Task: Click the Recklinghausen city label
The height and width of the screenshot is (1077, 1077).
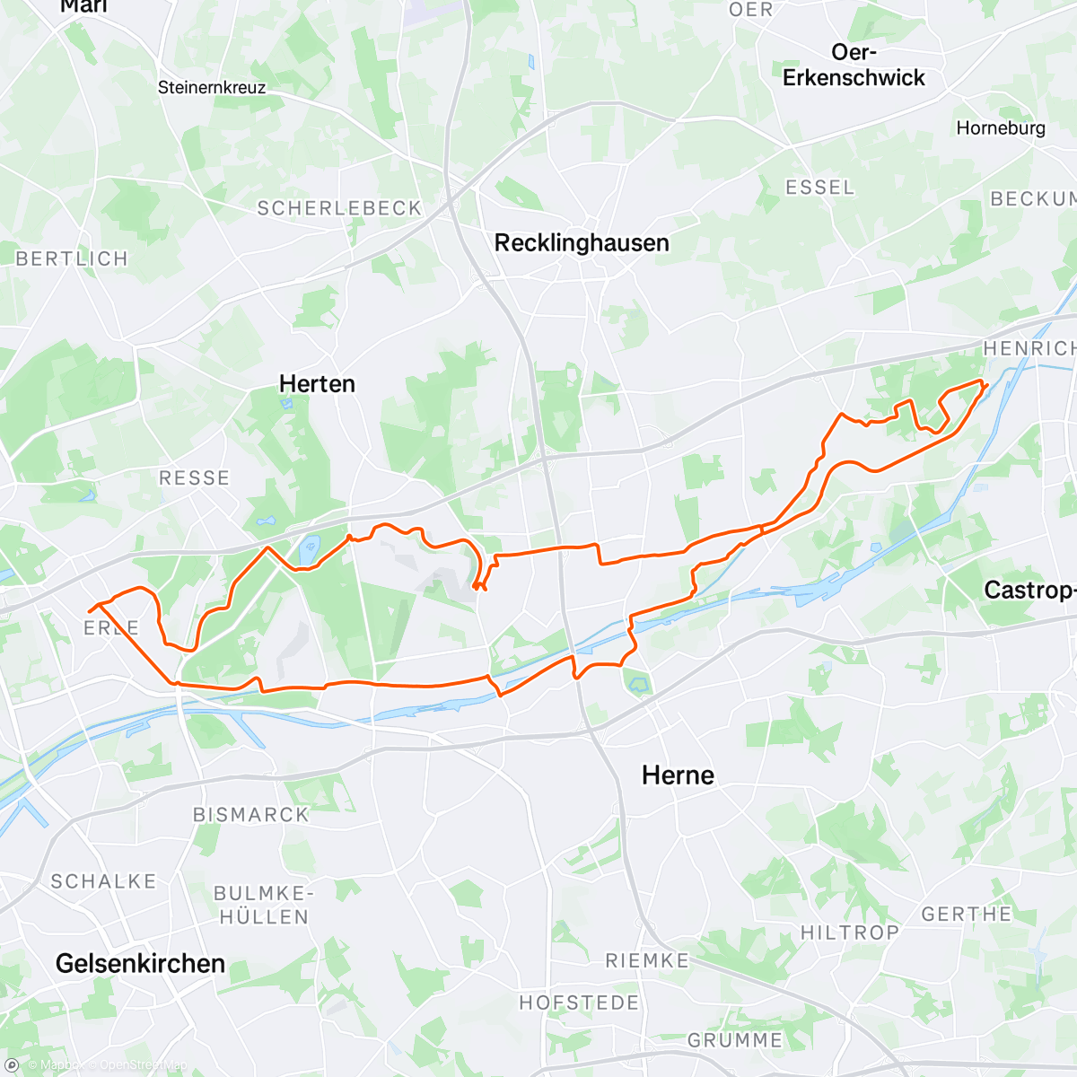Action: [x=582, y=243]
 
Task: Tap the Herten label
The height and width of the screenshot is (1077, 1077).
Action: [x=317, y=384]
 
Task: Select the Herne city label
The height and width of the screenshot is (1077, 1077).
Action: [x=678, y=775]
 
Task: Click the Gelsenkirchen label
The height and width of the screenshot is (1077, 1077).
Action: [x=140, y=964]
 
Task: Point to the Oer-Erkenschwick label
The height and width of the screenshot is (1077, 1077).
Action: [x=853, y=66]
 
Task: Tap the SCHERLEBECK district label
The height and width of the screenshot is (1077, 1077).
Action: [x=339, y=208]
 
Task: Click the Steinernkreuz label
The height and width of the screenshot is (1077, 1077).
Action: [x=212, y=88]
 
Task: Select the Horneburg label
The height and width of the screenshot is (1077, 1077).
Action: [x=1001, y=128]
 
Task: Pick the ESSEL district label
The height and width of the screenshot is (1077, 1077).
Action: [x=819, y=188]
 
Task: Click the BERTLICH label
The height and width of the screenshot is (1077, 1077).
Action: [x=72, y=259]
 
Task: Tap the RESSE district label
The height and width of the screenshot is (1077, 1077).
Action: [x=194, y=478]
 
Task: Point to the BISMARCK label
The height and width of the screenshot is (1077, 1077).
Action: [x=251, y=815]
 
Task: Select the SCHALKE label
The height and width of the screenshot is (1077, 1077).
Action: [x=103, y=881]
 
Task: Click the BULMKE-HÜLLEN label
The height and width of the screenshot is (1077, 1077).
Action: [x=263, y=906]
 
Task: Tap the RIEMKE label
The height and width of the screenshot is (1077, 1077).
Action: [x=646, y=961]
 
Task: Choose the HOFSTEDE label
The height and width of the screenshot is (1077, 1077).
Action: [x=579, y=1003]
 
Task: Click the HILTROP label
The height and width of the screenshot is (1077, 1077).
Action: [x=849, y=933]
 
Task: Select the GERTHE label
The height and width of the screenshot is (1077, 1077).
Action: [x=967, y=915]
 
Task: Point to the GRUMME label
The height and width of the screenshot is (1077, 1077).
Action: [x=735, y=1041]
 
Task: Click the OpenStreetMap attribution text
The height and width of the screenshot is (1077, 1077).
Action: [x=144, y=1065]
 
